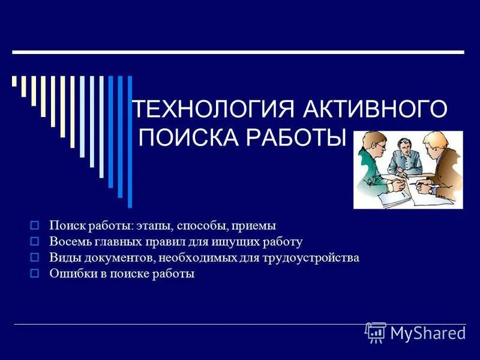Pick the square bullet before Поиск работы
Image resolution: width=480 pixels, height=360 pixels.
click(34, 226)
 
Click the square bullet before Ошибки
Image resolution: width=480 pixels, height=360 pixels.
click(34, 274)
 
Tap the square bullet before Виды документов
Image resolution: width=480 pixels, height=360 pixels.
click(34, 258)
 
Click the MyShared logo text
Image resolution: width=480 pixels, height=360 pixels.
click(428, 333)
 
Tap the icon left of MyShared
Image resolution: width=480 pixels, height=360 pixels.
click(376, 332)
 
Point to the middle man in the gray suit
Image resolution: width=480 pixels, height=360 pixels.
click(403, 157)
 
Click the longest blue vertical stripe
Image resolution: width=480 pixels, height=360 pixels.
click(130, 141)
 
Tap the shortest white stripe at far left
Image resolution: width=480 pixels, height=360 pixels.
click(14, 81)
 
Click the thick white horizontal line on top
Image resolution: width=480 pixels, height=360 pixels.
click(240, 53)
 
